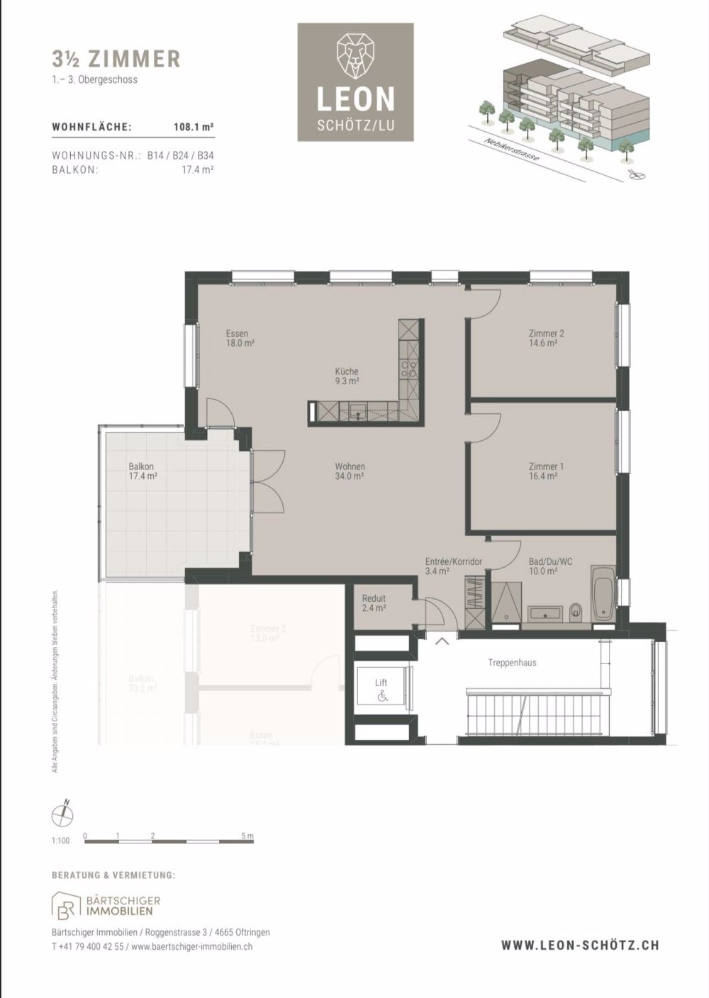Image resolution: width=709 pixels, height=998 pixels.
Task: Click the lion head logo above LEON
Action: click(355, 55)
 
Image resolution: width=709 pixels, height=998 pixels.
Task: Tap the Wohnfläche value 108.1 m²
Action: click(194, 128)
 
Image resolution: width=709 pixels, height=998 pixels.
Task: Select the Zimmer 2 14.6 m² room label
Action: click(546, 338)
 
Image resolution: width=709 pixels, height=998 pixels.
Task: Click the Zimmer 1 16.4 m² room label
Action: click(546, 471)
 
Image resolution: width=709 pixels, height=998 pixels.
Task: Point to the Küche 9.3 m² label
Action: click(347, 376)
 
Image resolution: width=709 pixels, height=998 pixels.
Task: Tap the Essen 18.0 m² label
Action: click(240, 338)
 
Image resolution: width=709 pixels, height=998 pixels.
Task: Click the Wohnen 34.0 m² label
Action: click(350, 471)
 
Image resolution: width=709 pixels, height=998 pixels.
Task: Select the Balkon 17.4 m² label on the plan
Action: click(143, 471)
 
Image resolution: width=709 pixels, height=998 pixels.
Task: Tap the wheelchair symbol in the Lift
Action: click(382, 697)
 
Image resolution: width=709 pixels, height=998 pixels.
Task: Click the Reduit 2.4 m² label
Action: click(374, 602)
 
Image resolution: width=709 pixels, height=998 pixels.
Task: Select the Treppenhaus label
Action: click(512, 663)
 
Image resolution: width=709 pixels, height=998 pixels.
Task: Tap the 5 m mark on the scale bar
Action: click(246, 836)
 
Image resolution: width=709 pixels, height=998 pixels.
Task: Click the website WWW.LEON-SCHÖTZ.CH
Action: click(580, 945)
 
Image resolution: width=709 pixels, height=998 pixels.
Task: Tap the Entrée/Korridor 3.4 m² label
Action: click(454, 566)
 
